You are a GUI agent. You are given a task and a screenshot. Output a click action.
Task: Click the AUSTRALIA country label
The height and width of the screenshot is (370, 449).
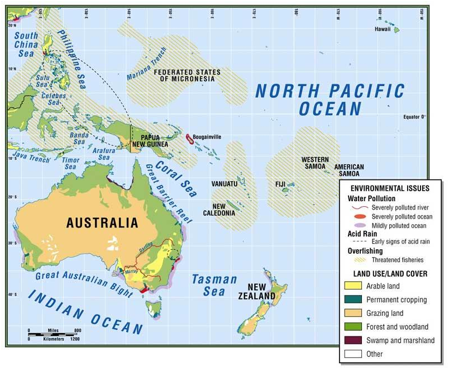pos(102,223)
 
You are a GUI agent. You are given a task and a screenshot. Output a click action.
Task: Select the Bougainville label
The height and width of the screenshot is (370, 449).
pos(207,136)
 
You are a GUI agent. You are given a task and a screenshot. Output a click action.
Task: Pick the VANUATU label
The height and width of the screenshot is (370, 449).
pos(225,183)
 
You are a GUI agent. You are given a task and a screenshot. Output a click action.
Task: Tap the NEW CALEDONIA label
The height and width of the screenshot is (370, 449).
pos(227,210)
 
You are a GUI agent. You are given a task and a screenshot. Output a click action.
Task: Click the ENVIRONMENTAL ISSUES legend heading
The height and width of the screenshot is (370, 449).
pos(390,189)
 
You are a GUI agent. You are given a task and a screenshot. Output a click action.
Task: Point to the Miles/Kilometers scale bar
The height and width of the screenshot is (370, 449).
pos(55,334)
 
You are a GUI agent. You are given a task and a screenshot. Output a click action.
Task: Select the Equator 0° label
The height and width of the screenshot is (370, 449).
pos(414,117)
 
